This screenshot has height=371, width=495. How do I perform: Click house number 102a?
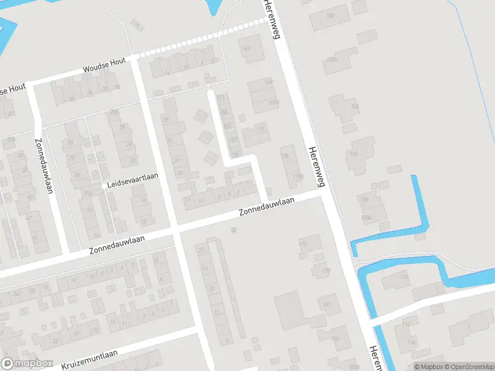click(x=332, y=59)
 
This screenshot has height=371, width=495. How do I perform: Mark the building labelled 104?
click(x=355, y=107)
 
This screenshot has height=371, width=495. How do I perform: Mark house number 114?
click(x=411, y=341)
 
